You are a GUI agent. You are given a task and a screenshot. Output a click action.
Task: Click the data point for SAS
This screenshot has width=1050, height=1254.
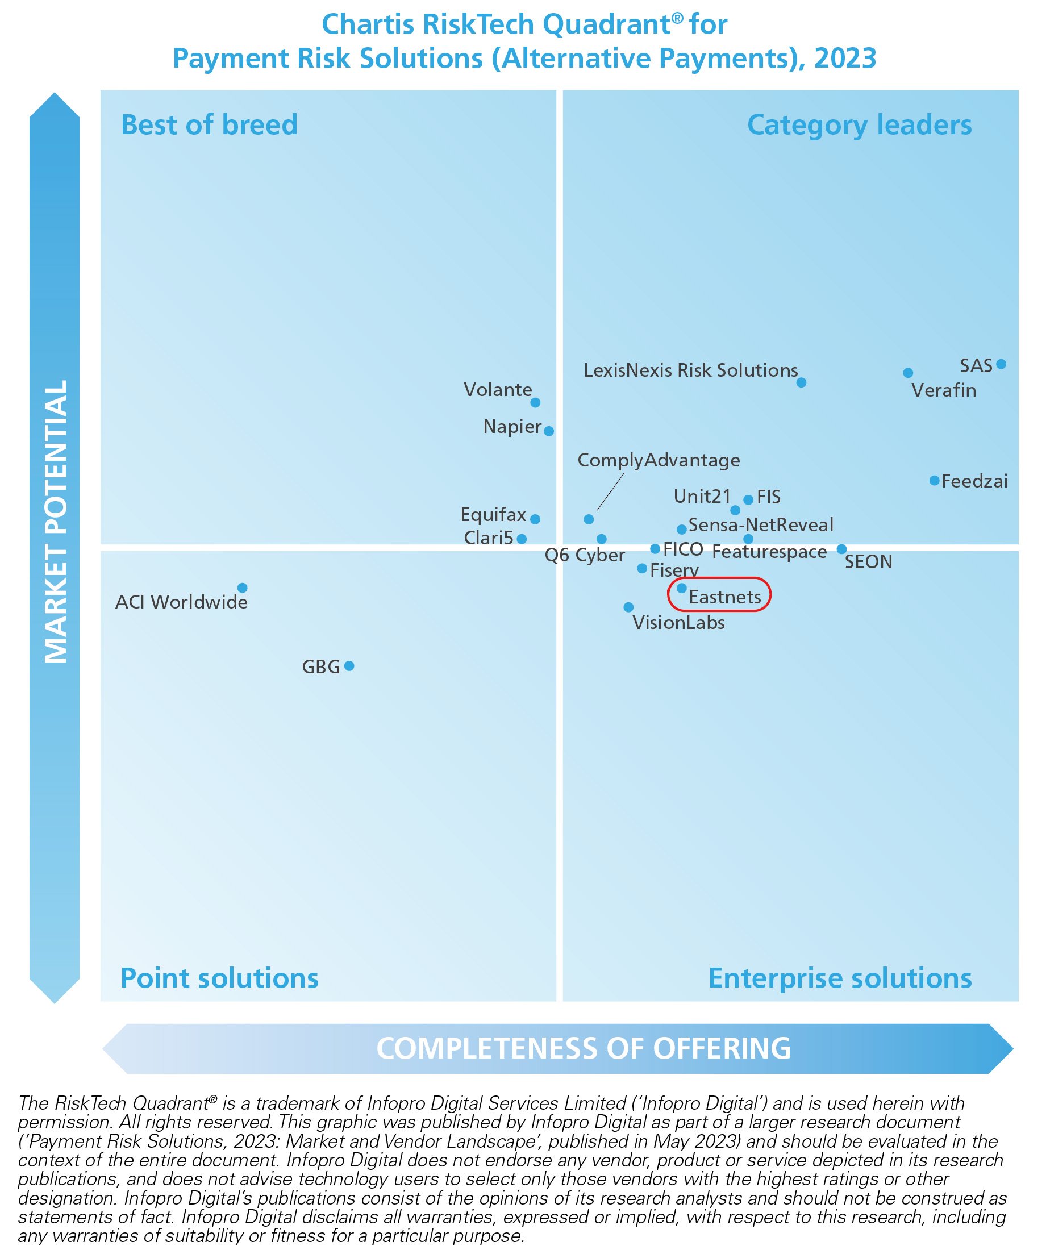click(1001, 364)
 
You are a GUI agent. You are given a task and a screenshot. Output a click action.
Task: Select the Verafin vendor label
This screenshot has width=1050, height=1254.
click(944, 390)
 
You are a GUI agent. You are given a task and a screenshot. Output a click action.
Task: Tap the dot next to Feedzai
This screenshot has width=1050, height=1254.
click(934, 480)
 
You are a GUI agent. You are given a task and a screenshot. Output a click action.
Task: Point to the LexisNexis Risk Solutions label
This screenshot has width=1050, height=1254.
click(690, 370)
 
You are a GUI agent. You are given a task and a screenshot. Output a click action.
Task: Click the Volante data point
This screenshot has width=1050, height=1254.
click(535, 402)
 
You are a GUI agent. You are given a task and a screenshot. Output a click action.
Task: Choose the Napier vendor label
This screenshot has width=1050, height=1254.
click(512, 427)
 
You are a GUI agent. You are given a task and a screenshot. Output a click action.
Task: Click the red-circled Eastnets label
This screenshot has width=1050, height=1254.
click(724, 597)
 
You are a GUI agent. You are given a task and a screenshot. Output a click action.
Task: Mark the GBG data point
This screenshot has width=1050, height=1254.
click(349, 666)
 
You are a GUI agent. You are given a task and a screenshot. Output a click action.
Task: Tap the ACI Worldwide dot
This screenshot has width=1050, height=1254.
click(243, 588)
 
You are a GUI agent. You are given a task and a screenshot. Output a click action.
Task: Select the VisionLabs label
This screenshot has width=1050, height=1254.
click(678, 623)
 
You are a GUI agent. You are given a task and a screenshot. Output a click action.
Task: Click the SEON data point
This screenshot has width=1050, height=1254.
click(841, 549)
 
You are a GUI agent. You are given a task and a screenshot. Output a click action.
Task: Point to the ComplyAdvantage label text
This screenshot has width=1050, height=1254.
click(659, 460)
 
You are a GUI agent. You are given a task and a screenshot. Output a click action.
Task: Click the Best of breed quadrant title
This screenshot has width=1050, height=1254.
click(209, 125)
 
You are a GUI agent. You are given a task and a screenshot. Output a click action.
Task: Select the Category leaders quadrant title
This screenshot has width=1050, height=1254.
click(860, 125)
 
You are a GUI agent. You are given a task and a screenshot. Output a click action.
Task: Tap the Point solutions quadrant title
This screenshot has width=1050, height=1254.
click(219, 978)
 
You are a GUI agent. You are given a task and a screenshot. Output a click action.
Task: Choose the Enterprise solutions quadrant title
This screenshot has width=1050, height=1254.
click(840, 978)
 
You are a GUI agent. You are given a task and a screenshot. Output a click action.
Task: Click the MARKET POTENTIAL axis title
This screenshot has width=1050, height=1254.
click(56, 522)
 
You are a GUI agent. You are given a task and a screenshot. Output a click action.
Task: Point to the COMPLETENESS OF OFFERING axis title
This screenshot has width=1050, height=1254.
click(583, 1048)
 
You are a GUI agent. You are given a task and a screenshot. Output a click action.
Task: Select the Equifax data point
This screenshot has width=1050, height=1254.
click(535, 519)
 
